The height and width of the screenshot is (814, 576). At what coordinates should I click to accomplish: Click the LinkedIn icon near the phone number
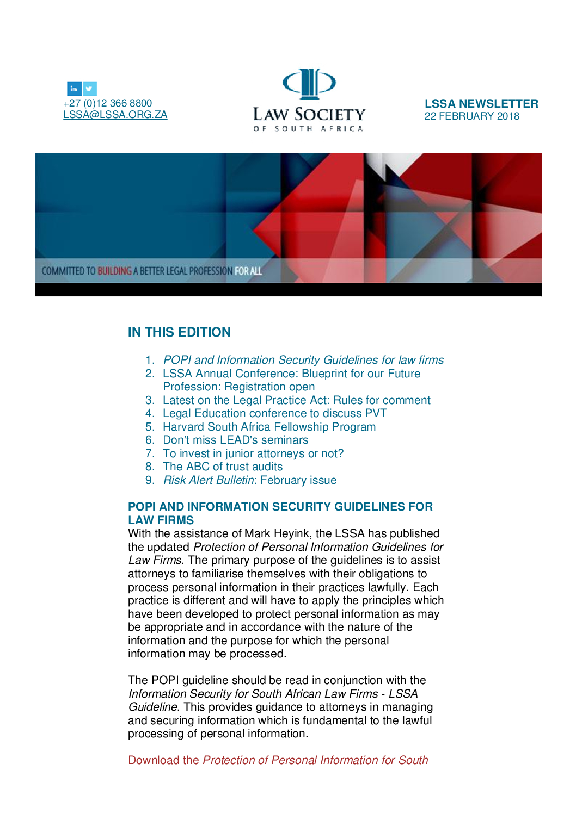pos(73,89)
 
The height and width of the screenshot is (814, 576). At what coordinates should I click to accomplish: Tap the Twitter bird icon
pos(89,89)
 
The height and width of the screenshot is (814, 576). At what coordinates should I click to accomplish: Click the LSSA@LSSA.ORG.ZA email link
pos(115,115)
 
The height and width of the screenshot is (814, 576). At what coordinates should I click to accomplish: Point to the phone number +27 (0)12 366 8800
pos(108,103)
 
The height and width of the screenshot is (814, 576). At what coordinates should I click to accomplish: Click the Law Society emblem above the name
pos(309,84)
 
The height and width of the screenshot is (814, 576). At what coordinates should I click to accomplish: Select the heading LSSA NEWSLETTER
pos(481,104)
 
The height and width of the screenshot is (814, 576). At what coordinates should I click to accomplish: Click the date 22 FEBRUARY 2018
pos(471,116)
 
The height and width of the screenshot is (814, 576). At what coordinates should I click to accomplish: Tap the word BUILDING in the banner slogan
pos(114,271)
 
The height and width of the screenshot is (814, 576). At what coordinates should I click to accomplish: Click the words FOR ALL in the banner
pos(248,271)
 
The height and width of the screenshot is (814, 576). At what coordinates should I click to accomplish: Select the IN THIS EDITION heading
pos(179,332)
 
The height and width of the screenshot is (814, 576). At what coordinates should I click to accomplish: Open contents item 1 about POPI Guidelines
pos(303,360)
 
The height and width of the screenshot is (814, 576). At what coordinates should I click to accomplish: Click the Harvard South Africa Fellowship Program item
pos(269,427)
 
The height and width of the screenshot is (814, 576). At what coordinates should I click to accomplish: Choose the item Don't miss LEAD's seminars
pos(235,440)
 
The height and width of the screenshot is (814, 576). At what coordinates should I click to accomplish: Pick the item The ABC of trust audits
pos(223,467)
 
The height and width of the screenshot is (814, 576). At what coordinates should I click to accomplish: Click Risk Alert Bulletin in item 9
pos(209,480)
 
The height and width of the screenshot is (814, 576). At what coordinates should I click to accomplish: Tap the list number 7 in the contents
pos(150,453)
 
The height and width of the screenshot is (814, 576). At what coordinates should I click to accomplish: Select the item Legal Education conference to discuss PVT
pos(274,413)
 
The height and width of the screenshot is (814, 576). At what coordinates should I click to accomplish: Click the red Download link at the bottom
pos(278,760)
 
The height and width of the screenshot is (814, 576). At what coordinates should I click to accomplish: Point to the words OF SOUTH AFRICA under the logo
pos(308,129)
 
